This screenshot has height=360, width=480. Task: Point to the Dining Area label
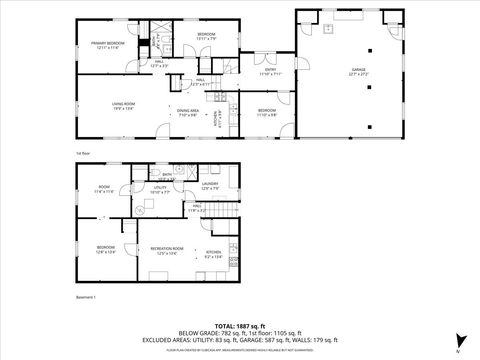pos(187,113)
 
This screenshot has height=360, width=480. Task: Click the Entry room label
pos(270,71)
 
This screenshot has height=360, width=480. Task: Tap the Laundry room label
pos(209,184)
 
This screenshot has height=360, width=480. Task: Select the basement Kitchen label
pos(213,254)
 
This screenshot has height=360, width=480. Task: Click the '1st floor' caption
pos(83,152)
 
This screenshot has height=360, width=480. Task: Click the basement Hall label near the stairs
pos(196,210)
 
